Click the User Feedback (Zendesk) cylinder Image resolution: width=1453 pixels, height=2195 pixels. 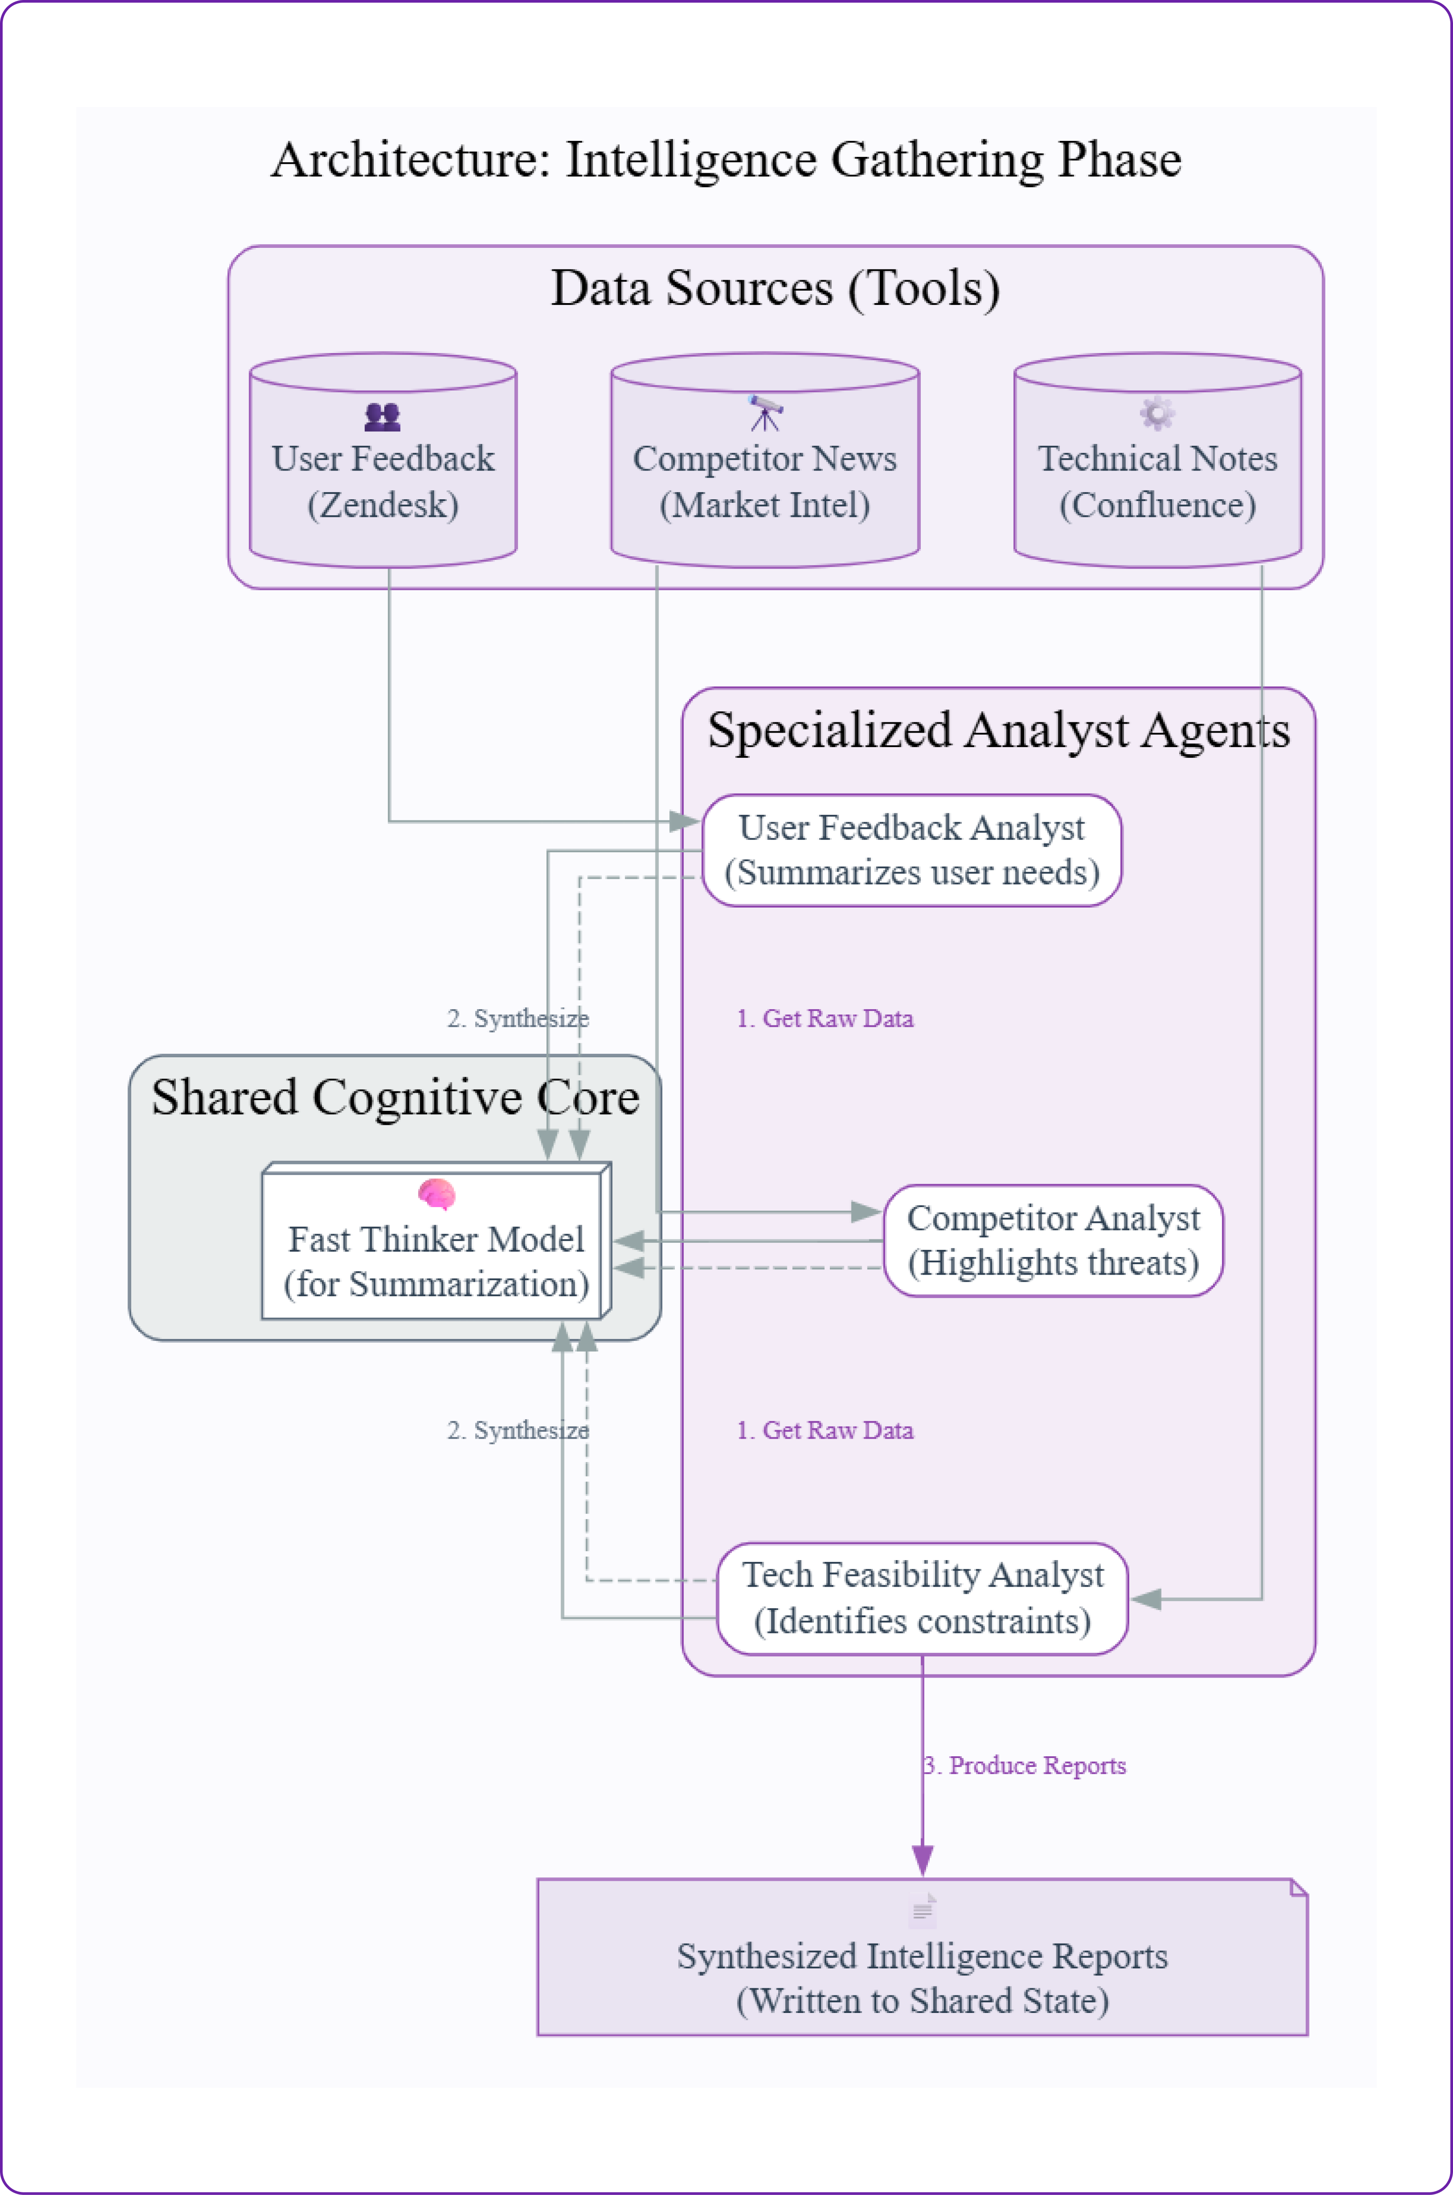pos(383,473)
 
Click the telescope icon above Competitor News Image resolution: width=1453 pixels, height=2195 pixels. pos(765,414)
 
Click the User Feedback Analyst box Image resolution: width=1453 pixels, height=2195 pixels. pos(912,850)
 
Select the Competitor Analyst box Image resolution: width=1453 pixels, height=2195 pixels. pos(1053,1240)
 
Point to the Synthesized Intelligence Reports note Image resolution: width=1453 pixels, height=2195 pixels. pos(922,1970)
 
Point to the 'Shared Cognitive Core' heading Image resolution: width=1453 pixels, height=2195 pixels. pos(396,1097)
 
